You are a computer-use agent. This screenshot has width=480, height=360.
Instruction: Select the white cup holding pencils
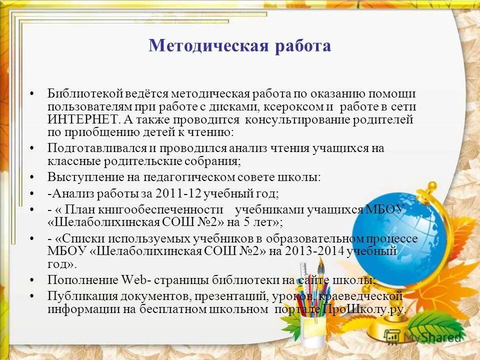[313, 332]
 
